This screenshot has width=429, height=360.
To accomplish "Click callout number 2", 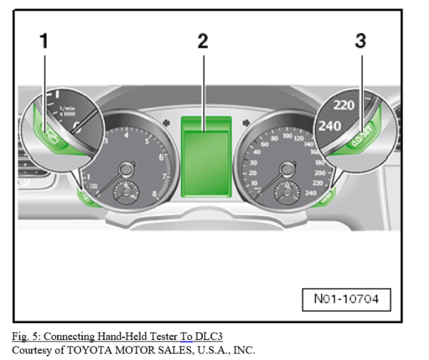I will (203, 41).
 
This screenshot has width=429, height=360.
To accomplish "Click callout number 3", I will (360, 41).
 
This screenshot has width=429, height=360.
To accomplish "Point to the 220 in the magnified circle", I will (345, 104).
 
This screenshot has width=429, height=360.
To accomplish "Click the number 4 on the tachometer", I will (127, 134).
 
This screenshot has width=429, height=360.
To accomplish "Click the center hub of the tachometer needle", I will (126, 169).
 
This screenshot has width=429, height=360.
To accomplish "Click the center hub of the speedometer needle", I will (287, 169).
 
